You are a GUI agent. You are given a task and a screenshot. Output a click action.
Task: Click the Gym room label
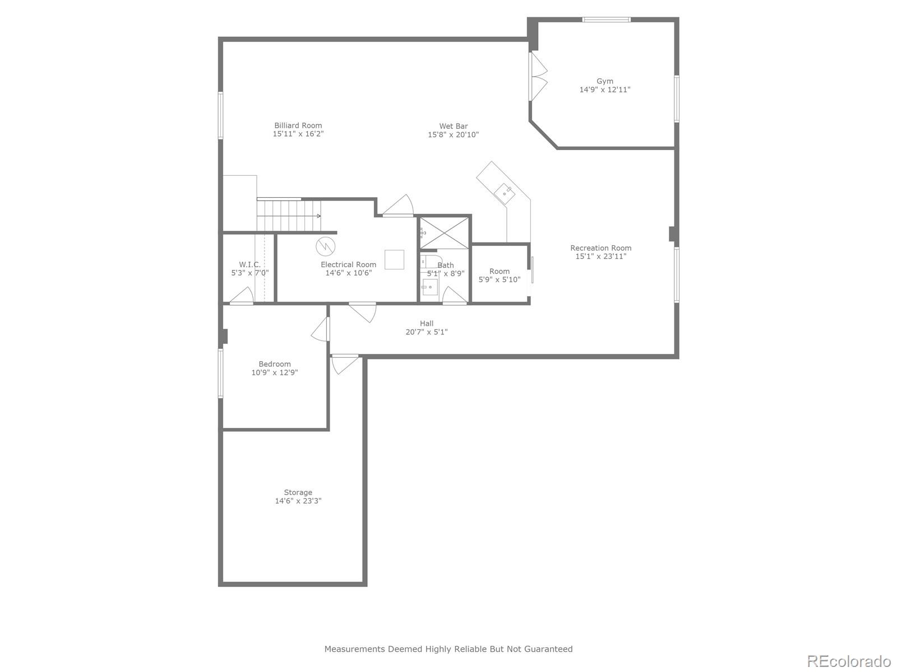604,81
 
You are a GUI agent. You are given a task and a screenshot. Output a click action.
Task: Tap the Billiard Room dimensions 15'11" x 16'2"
298,134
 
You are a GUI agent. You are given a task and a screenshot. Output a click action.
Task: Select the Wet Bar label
453,126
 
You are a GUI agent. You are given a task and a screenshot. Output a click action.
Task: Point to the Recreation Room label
600,248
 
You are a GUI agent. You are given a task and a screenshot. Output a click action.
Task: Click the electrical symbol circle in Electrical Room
325,246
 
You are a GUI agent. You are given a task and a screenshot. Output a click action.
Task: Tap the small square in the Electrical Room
394,259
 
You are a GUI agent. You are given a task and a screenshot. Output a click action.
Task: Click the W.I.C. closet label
249,264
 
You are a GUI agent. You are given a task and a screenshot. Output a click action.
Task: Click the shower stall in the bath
445,232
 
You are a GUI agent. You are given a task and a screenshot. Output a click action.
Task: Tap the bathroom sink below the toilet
429,287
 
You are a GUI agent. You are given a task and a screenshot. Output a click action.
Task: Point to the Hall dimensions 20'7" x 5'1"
426,332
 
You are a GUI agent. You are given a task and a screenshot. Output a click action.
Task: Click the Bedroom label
274,364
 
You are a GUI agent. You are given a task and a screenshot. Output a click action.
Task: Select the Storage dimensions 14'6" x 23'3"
298,501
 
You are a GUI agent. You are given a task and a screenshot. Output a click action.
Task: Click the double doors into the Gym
538,77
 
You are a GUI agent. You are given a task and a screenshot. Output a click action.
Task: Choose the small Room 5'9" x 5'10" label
499,272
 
